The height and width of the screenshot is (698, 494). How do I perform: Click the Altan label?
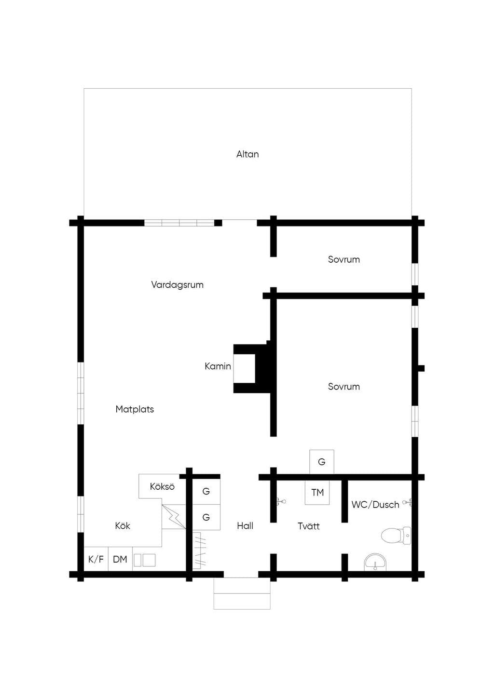pos(247,154)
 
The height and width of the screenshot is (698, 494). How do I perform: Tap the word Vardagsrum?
pos(177,285)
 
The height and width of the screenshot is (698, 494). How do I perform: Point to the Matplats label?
pos(135,409)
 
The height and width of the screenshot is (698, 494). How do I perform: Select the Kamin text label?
pos(218,366)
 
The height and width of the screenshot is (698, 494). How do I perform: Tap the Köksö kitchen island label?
pos(162,486)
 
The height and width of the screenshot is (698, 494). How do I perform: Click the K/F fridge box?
pos(96,559)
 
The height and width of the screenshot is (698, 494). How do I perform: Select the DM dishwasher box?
pos(120,559)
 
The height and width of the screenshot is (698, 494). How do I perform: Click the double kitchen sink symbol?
pos(144,560)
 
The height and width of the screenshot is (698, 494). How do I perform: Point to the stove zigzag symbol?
pos(174,517)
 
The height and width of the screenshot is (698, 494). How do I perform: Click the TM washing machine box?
pos(317,493)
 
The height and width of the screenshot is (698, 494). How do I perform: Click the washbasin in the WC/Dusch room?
pos(375,562)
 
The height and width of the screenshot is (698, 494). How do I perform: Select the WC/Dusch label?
pos(375,505)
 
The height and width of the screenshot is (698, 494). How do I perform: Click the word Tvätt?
pos(309,526)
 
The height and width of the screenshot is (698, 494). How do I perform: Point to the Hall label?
pos(245,526)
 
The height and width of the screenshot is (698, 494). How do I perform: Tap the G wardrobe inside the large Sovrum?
pos(322,462)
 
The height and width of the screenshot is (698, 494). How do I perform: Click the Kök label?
pos(122,526)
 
